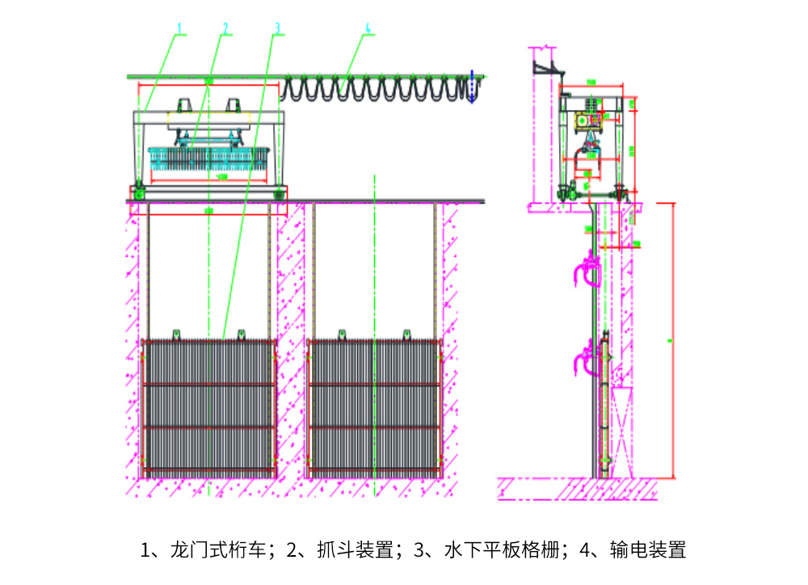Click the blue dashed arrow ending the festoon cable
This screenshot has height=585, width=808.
[x=471, y=87]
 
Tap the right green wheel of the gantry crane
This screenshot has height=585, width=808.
[x=280, y=192]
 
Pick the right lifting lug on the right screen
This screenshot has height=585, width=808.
[x=406, y=332]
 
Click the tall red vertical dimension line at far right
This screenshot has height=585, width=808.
[x=672, y=339]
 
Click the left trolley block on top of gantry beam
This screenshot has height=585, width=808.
[x=183, y=107]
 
